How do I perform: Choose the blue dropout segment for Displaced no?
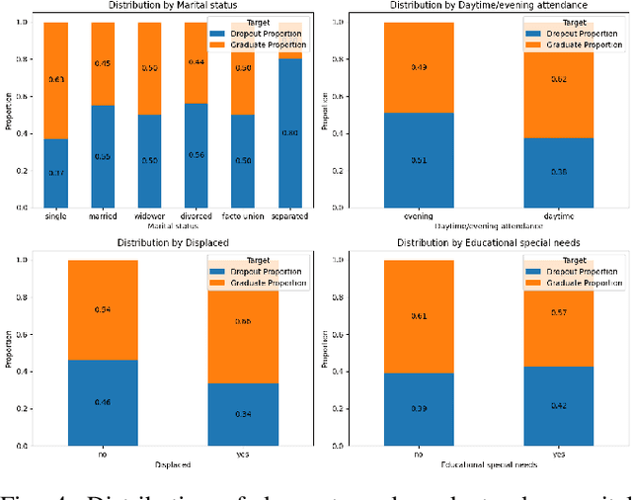pyautogui.click(x=103, y=402)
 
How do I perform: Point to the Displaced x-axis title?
pyautogui.click(x=172, y=462)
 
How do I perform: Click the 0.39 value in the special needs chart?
pyautogui.click(x=418, y=407)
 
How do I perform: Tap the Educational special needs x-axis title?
pyautogui.click(x=489, y=462)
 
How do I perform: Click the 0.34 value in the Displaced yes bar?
pyautogui.click(x=243, y=413)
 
